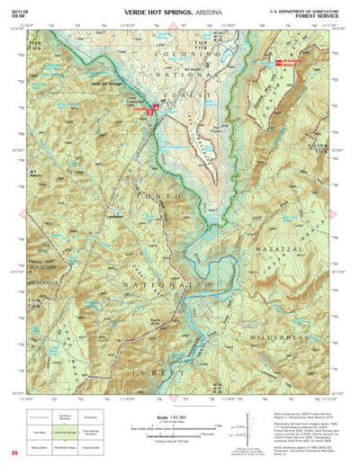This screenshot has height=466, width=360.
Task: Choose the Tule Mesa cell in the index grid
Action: point(38,435)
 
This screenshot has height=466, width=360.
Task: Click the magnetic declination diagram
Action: point(240,430)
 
